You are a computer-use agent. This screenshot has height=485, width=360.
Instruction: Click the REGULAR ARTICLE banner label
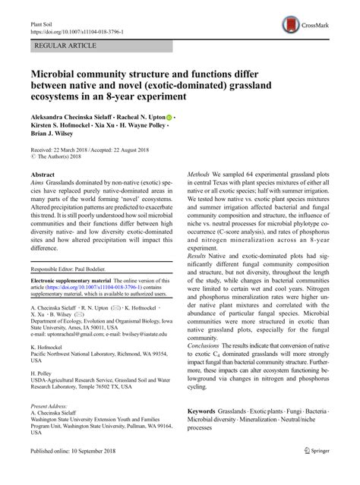(63, 46)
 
